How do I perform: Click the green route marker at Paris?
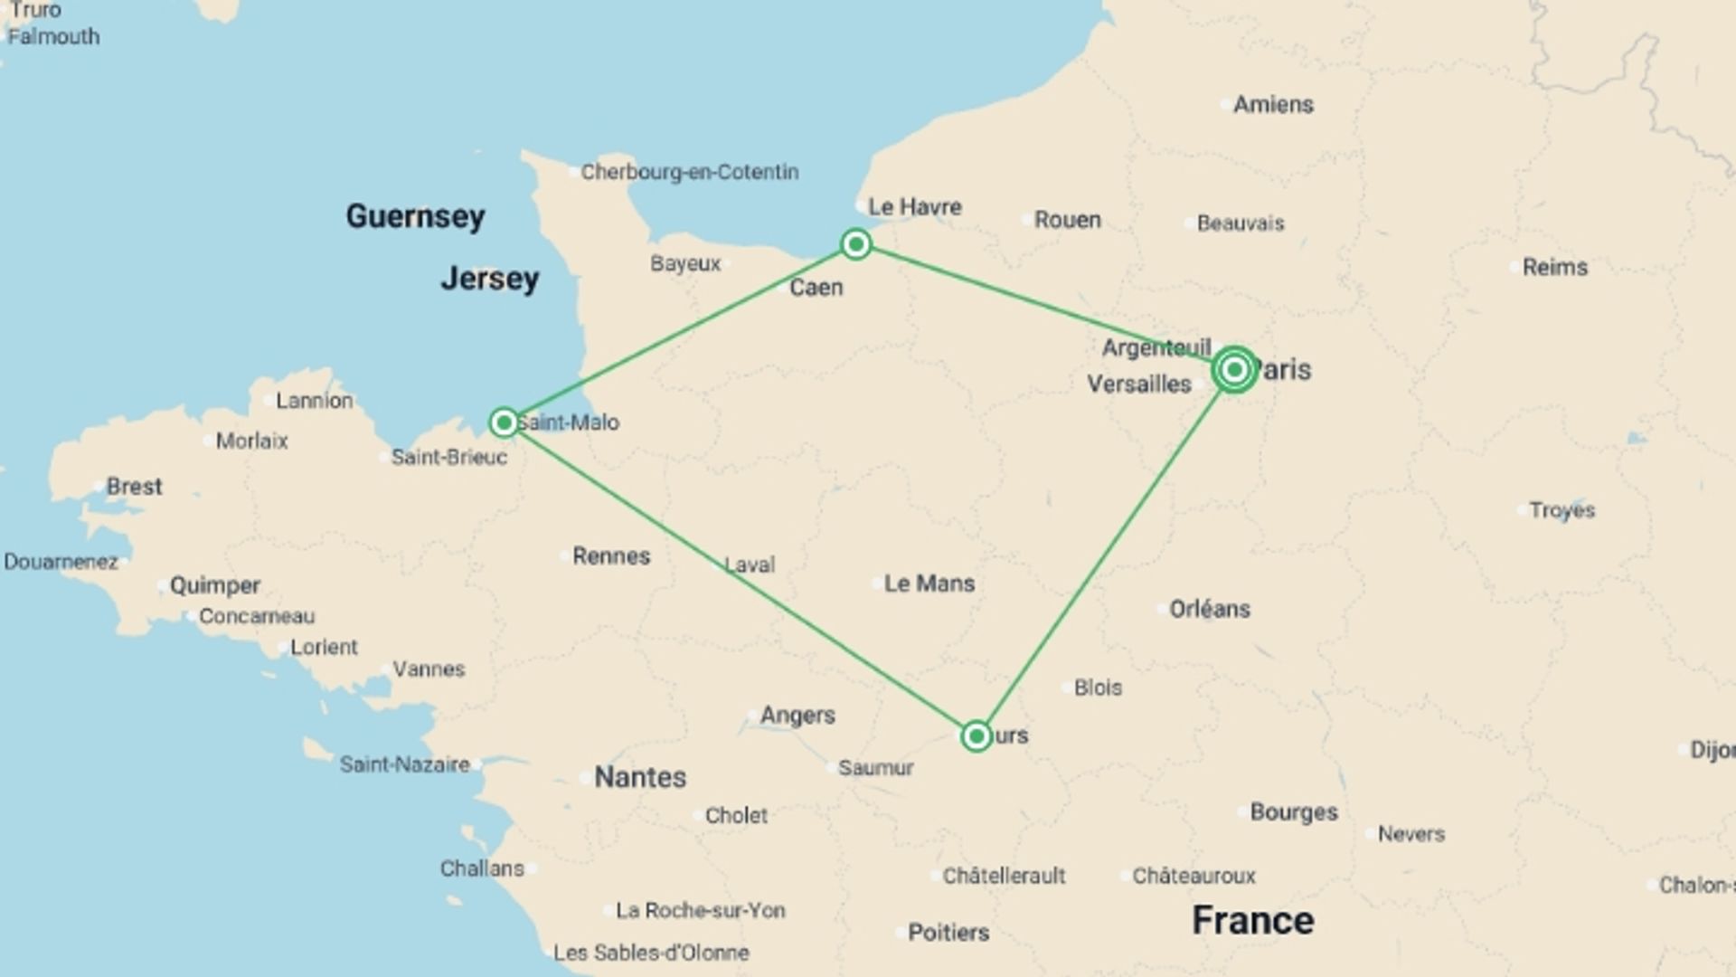tap(1234, 369)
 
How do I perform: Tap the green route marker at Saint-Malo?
tap(504, 422)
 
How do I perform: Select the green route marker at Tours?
tap(976, 736)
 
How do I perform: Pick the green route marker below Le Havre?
tap(855, 244)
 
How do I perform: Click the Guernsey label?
tap(415, 216)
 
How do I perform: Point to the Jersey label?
tap(489, 279)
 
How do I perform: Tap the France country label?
tap(1252, 921)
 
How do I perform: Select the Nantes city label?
tap(640, 777)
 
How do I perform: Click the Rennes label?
tap(611, 556)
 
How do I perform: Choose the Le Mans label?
tap(929, 583)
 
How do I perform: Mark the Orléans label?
tap(1210, 609)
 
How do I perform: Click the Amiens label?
tap(1273, 105)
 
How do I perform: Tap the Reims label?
tap(1554, 267)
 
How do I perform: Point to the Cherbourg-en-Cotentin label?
tap(689, 172)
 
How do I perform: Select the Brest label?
tap(134, 487)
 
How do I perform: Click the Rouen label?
tap(1067, 220)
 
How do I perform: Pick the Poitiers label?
tap(948, 933)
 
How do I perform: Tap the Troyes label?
tap(1561, 510)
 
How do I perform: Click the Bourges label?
tap(1293, 812)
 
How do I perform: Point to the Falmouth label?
tap(53, 37)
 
